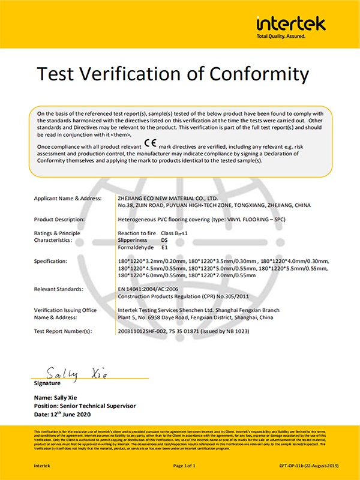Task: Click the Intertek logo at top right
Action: coord(291,24)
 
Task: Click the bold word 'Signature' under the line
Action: coord(47,383)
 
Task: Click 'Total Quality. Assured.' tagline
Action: coord(281,37)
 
